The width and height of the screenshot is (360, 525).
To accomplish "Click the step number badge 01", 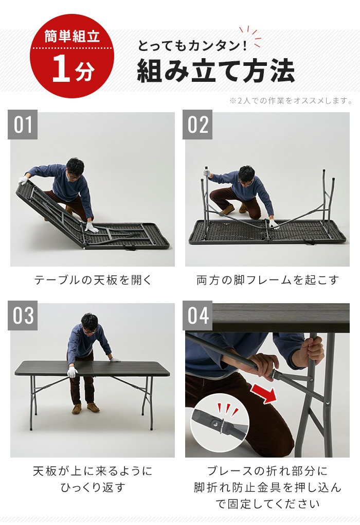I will pos(23,125).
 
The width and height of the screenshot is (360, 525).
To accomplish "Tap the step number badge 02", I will pos(198,125).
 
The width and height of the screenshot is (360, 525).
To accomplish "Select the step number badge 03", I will pos(23,316).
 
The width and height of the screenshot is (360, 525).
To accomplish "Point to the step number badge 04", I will pos(198,316).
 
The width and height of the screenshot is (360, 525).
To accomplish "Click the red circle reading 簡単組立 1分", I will pos(72,56).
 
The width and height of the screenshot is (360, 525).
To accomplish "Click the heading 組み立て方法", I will pos(215,71).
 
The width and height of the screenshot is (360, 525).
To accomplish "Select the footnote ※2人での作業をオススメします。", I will pos(291,100).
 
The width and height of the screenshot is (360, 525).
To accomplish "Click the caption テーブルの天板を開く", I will pos(93,281).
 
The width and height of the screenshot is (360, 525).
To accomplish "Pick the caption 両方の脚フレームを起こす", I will pos(267,281).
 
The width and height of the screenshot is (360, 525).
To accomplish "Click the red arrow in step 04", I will pos(263,394).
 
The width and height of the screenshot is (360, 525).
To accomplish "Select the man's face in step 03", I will pos(89,325).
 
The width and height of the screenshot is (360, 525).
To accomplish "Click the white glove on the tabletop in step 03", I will pos(73,371).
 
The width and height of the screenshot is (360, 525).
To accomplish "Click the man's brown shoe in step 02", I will pos(227,210).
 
